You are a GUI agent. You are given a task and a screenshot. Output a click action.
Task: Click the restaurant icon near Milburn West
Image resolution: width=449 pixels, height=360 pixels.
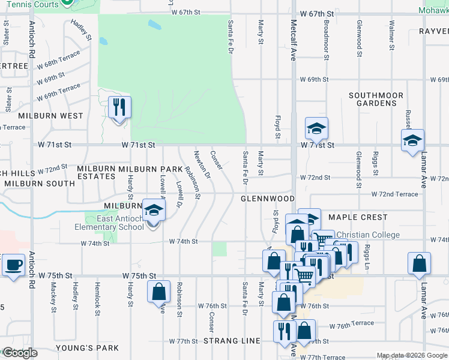(119, 107)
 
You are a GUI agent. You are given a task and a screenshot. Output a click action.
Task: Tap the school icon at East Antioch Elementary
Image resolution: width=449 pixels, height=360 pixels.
(154, 211)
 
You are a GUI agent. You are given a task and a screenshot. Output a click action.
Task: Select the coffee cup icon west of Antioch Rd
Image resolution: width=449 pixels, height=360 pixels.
(13, 265)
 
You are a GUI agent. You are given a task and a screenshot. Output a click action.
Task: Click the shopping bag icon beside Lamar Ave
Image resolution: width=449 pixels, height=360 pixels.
(419, 263)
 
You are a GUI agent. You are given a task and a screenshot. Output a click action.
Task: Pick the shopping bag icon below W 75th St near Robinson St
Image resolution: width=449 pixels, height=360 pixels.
(158, 292)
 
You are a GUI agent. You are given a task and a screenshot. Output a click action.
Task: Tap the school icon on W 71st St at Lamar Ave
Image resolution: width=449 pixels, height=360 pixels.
(412, 141)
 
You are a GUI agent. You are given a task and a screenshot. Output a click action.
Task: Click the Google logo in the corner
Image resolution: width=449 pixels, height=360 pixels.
(19, 353)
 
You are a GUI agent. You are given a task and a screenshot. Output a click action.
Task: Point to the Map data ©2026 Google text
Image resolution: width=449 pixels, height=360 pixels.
(411, 355)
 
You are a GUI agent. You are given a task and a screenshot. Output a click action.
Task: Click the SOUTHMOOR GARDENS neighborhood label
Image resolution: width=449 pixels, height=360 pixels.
(373, 99)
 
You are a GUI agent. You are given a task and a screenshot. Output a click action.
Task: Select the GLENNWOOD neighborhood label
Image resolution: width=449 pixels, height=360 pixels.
(268, 199)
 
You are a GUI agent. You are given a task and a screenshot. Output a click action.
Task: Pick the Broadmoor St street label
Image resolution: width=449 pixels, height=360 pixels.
(326, 40)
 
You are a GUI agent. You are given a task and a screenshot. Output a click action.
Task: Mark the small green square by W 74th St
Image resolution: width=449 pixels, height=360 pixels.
(219, 248)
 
